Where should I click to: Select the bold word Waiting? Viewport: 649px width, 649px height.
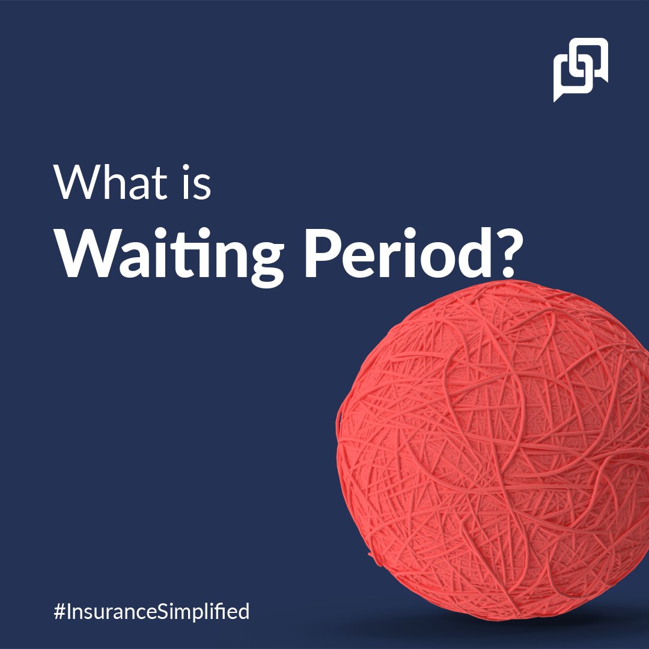pyautogui.click(x=168, y=255)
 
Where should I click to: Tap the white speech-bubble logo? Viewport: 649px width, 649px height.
pyautogui.click(x=580, y=70)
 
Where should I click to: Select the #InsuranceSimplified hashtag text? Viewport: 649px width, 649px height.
pyautogui.click(x=151, y=612)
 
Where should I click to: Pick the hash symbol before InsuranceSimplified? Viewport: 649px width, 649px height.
pyautogui.click(x=59, y=612)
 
